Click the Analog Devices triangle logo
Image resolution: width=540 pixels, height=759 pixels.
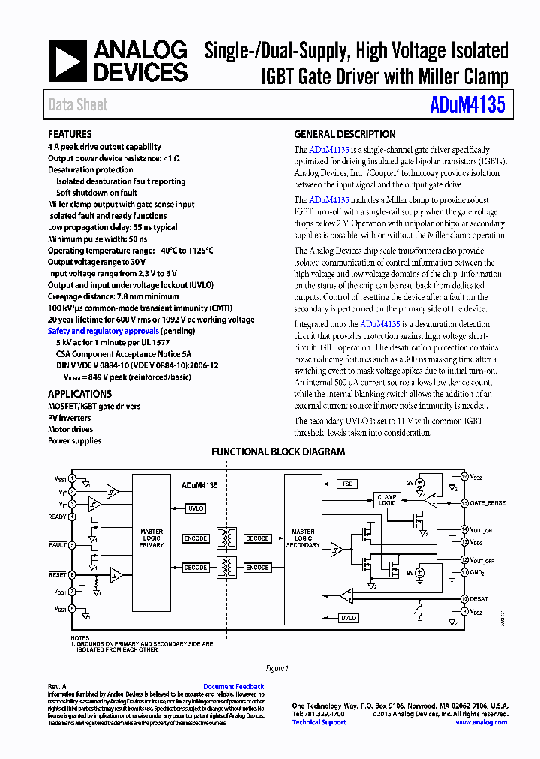coord(68,61)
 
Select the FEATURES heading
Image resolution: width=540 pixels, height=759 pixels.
coord(70,134)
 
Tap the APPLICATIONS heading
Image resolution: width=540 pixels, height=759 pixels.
coord(79,394)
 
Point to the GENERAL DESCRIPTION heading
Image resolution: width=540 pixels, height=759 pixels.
coord(344,134)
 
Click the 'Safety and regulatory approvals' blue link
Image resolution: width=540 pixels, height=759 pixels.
coord(103,331)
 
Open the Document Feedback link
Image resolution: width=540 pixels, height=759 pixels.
coord(233,687)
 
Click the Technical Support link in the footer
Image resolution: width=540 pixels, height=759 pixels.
coord(319,722)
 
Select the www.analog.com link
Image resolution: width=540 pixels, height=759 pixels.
coord(481,722)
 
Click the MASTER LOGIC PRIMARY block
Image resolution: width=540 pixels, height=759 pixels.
coord(151,538)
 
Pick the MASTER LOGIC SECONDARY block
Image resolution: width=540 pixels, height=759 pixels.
coord(303,538)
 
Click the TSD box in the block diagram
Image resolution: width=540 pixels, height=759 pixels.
coord(348,484)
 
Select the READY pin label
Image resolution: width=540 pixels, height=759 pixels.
coord(57,517)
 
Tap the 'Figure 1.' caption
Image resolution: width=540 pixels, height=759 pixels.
coord(277,668)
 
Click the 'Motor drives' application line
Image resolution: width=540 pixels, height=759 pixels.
coord(70,430)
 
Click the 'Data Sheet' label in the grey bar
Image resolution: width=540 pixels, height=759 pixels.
coord(78,105)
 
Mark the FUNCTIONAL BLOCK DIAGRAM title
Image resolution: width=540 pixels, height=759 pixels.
coord(278,452)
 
